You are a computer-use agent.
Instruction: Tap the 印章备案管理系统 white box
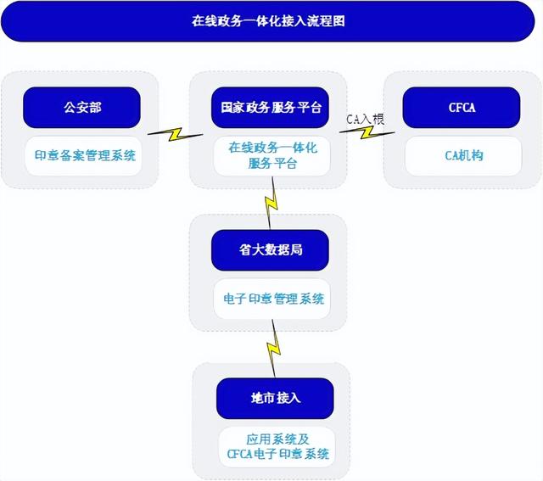pos(85,156)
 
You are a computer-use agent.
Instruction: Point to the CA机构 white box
pos(463,156)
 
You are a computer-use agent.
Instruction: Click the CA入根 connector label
pos(366,120)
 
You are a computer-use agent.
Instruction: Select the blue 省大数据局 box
pos(269,250)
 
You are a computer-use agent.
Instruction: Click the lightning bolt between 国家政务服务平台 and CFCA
pos(371,135)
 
